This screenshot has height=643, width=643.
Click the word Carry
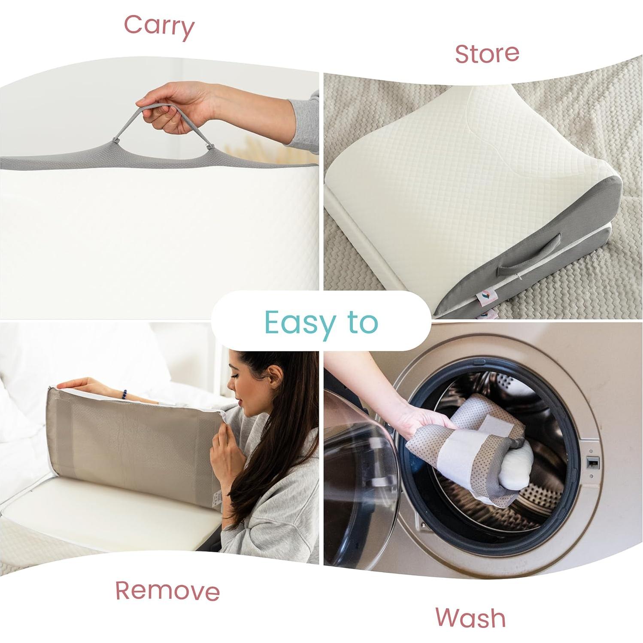tap(159, 27)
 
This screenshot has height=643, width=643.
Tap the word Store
tap(487, 54)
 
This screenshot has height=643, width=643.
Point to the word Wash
tap(470, 618)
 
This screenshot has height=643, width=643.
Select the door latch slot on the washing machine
tap(592, 463)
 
